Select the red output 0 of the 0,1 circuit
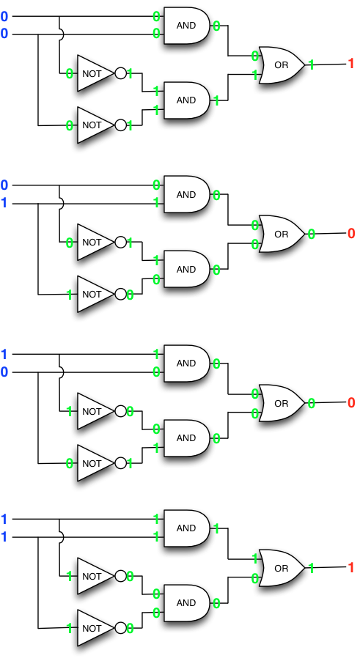(x=350, y=234)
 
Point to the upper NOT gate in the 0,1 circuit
(x=94, y=242)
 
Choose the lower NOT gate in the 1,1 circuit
(x=94, y=628)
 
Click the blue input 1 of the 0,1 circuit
(x=4, y=203)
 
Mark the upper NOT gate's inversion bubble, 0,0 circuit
(x=121, y=73)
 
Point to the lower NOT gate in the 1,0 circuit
(x=94, y=463)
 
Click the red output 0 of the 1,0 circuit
(x=350, y=402)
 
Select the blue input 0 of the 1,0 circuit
(x=4, y=372)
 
